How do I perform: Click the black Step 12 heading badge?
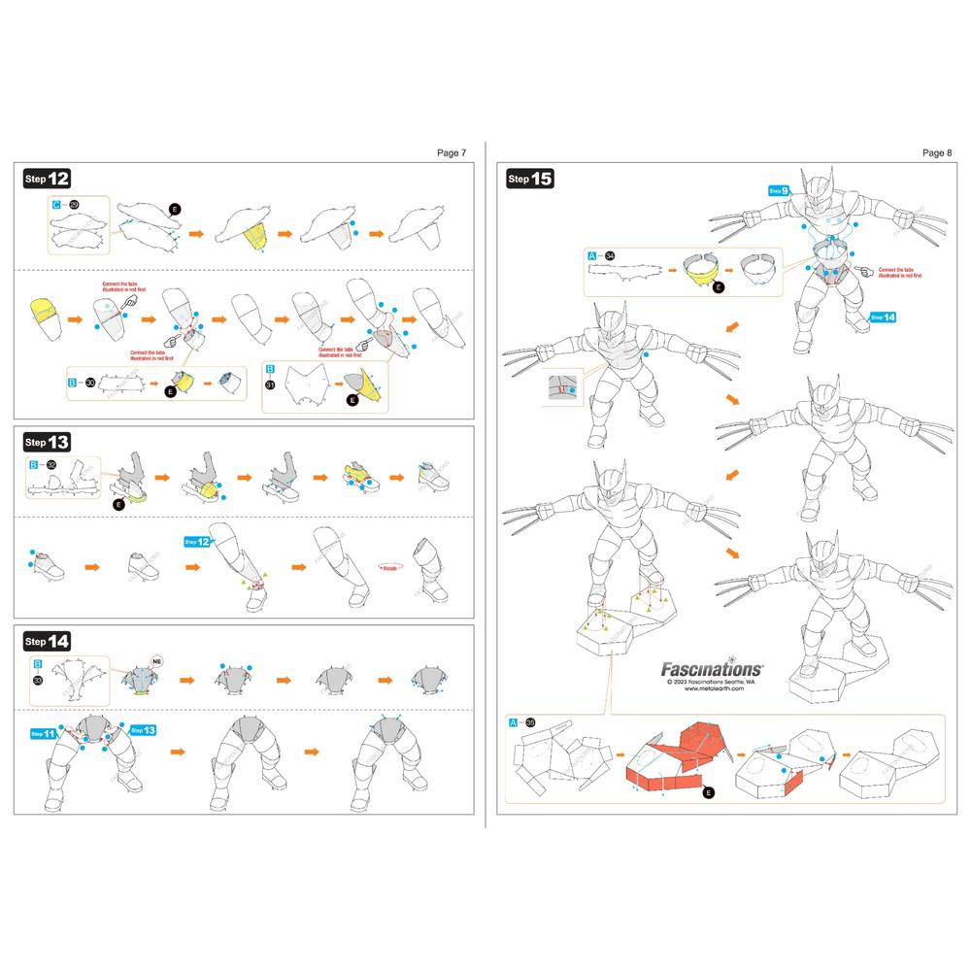coord(47,179)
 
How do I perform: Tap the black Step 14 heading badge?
coord(47,641)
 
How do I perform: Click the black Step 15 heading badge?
coord(530,179)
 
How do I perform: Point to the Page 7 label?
coord(452,152)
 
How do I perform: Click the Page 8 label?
coord(937,152)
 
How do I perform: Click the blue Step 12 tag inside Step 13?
coord(197,542)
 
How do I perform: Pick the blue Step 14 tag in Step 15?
coord(883,317)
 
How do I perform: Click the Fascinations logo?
coord(712,668)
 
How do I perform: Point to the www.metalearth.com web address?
coord(713,691)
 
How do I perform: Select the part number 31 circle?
coord(270,385)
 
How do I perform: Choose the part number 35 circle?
coord(529,723)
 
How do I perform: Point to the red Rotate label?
coord(390,568)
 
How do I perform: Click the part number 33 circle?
coord(38,682)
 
